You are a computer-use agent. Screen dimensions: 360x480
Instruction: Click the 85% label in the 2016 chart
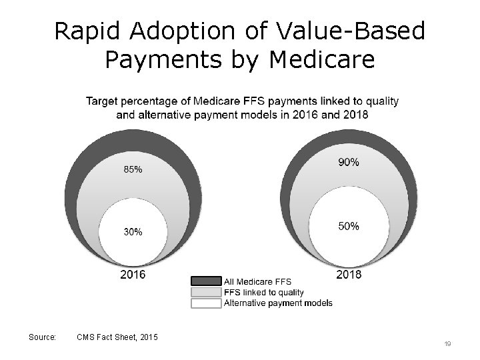click(133, 169)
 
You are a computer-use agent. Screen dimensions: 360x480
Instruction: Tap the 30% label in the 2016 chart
click(133, 232)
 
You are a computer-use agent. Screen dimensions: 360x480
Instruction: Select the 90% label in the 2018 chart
click(349, 162)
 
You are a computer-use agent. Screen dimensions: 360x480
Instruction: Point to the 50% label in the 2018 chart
click(349, 226)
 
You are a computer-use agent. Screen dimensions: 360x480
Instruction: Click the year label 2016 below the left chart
click(132, 274)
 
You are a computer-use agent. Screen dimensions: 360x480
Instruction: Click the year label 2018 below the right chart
click(349, 274)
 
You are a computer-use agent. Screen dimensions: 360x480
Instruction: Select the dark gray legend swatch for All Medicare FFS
click(206, 281)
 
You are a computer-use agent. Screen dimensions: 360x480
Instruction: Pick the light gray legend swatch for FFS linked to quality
click(206, 292)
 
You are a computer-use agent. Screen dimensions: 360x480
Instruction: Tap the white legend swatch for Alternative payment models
click(206, 303)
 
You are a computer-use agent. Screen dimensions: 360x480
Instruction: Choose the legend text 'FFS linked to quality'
click(263, 292)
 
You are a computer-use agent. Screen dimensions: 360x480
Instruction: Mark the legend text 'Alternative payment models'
click(278, 303)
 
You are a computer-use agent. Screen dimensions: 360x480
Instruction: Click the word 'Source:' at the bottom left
click(43, 338)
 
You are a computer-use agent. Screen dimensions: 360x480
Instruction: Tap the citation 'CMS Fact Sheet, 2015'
click(118, 338)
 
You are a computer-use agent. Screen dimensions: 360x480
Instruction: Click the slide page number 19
click(447, 343)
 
